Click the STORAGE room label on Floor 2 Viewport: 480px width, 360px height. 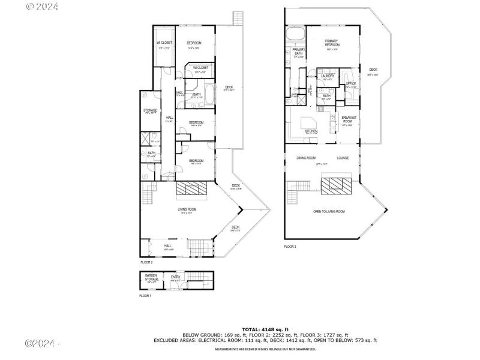pyautogui.click(x=150, y=110)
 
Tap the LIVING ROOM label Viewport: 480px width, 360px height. pyautogui.click(x=187, y=209)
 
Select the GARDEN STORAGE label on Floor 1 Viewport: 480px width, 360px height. pyautogui.click(x=151, y=278)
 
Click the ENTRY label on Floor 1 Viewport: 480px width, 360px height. pyautogui.click(x=175, y=277)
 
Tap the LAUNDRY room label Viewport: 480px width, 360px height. pyautogui.click(x=328, y=76)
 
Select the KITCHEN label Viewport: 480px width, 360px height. pyautogui.click(x=311, y=131)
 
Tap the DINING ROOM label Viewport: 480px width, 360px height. pyautogui.click(x=306, y=158)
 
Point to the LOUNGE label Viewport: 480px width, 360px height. pyautogui.click(x=343, y=158)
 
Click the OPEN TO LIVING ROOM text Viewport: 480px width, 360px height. pyautogui.click(x=329, y=211)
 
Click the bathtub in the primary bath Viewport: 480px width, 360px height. pyautogui.click(x=295, y=33)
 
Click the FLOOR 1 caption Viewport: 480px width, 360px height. pyautogui.click(x=146, y=296)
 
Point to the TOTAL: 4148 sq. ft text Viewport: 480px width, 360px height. pyautogui.click(x=266, y=329)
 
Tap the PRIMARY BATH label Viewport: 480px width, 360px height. pyautogui.click(x=299, y=52)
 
